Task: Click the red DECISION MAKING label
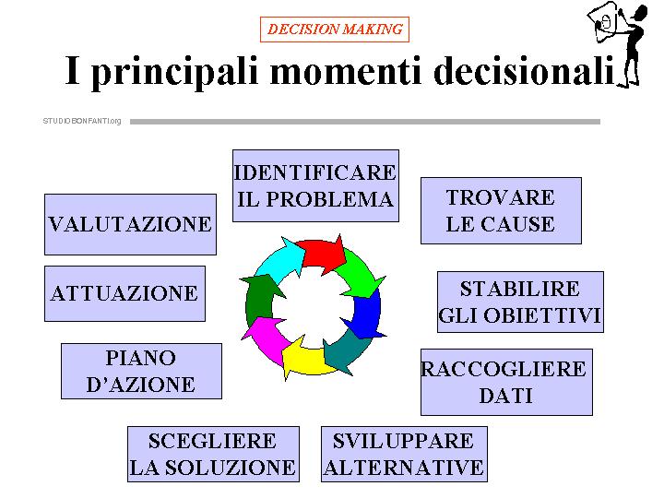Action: (335, 30)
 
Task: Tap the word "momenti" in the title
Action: (346, 71)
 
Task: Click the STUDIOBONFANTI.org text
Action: (82, 121)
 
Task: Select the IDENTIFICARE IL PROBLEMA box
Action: (315, 185)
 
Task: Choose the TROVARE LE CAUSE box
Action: (501, 210)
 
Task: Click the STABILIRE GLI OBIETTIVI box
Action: (520, 302)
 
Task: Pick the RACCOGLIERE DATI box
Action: (506, 382)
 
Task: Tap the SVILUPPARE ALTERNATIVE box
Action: (405, 454)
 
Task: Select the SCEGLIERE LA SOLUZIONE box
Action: (213, 454)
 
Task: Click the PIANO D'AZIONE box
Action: (141, 371)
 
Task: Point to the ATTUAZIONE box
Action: (125, 293)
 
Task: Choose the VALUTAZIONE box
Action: (130, 224)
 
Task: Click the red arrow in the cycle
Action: (322, 255)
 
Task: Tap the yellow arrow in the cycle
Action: (306, 361)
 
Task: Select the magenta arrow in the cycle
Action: (264, 337)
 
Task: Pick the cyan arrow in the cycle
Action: (278, 260)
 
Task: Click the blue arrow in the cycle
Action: (366, 316)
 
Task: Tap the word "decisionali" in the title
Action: (524, 70)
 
